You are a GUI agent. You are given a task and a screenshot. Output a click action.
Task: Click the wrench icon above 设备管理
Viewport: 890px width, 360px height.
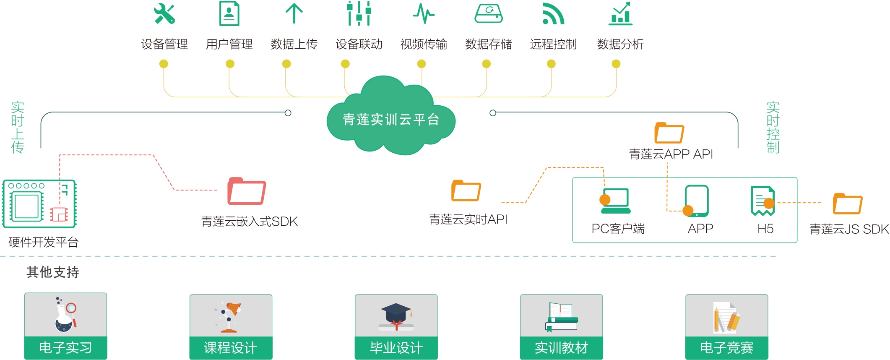[164, 13]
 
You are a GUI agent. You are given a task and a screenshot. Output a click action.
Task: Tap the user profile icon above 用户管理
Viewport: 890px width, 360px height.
[229, 13]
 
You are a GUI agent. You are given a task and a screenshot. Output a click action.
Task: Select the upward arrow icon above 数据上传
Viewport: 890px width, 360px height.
[294, 13]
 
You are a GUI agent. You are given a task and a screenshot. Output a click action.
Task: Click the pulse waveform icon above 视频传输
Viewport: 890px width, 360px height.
[424, 13]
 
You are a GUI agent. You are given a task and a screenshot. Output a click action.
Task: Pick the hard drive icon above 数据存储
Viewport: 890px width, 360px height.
[489, 13]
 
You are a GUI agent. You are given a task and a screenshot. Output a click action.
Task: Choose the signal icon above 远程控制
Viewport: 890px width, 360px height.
[553, 13]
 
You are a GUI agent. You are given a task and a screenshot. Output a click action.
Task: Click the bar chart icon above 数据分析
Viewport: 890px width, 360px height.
[620, 13]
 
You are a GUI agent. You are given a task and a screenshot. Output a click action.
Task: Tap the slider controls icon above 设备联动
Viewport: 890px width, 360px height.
[359, 13]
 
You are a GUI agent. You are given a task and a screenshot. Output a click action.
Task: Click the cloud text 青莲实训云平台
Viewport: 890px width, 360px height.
[391, 120]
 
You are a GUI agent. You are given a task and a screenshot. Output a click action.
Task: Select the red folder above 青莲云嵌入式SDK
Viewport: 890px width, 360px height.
[247, 191]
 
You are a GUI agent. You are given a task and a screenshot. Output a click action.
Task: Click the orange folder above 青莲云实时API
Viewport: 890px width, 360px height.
[466, 191]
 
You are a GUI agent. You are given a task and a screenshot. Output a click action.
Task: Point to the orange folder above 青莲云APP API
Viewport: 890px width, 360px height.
[669, 133]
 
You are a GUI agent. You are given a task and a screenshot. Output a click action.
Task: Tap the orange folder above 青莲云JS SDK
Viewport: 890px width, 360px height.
[848, 204]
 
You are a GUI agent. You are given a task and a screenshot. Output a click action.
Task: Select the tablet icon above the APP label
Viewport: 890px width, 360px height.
[697, 201]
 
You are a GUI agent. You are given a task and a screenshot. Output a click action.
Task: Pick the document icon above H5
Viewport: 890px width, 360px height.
[762, 201]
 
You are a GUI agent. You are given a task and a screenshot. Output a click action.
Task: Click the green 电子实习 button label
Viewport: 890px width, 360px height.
[65, 347]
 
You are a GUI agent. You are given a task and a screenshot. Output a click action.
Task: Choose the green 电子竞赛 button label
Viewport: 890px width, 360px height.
[726, 347]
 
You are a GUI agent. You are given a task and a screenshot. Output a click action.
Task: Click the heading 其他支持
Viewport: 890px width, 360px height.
[53, 272]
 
